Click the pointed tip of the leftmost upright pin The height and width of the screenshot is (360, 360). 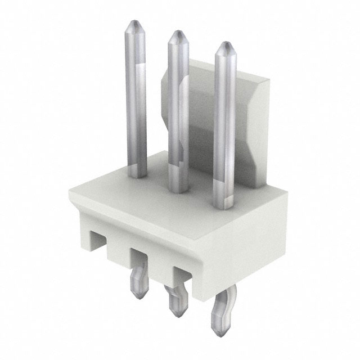click(134, 26)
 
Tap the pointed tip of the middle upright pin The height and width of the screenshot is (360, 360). click(178, 35)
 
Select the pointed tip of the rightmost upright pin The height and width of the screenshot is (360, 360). click(225, 46)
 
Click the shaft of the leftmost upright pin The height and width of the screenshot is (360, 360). click(136, 101)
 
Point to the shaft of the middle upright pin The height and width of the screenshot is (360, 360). click(178, 112)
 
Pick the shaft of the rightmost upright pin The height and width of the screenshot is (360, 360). click(224, 124)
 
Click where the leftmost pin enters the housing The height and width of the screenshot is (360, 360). click(137, 173)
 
